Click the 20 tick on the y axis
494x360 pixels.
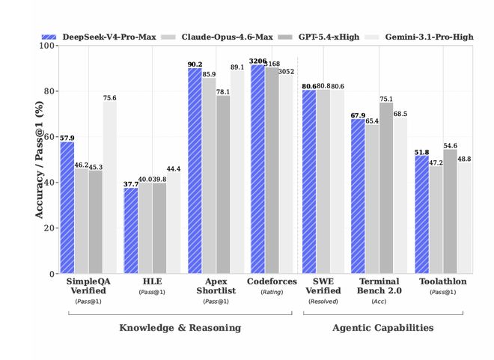tap(49, 228)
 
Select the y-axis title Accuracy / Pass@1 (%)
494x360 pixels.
tap(39, 159)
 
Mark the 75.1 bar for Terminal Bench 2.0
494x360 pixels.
tap(385, 188)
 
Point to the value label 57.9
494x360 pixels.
tap(67, 138)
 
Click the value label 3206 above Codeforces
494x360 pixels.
tap(258, 60)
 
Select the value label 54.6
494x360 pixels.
tap(451, 145)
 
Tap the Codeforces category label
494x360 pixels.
tap(272, 281)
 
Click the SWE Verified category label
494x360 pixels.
tap(323, 286)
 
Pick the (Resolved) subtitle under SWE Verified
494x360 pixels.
tap(323, 302)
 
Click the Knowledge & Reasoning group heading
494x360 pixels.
tap(180, 328)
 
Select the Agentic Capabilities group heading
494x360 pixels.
tap(382, 328)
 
